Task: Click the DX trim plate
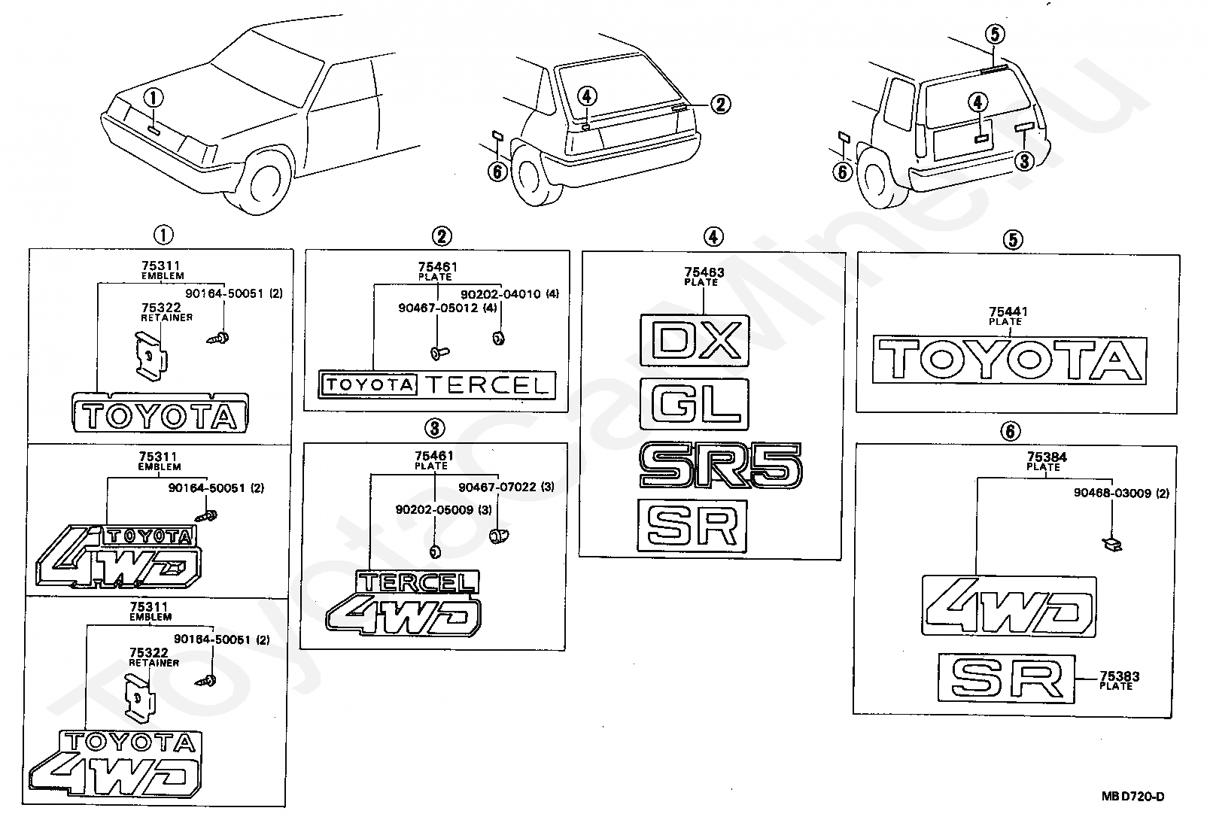click(x=695, y=341)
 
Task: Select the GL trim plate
click(x=694, y=404)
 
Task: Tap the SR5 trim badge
click(x=721, y=465)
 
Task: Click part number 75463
click(x=704, y=272)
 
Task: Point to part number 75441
click(x=1008, y=311)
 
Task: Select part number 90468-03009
click(x=1112, y=493)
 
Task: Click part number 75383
click(x=1120, y=676)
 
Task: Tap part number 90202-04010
click(x=500, y=293)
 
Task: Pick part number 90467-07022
click(x=497, y=487)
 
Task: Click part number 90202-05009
click(x=434, y=510)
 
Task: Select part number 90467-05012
click(x=438, y=308)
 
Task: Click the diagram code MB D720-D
click(x=1132, y=796)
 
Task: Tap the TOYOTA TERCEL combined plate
click(x=437, y=385)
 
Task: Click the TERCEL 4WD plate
click(x=403, y=603)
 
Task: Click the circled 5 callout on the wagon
click(x=995, y=34)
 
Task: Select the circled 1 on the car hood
click(x=154, y=99)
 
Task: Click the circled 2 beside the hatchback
click(x=721, y=105)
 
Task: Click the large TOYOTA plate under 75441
click(x=1009, y=360)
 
